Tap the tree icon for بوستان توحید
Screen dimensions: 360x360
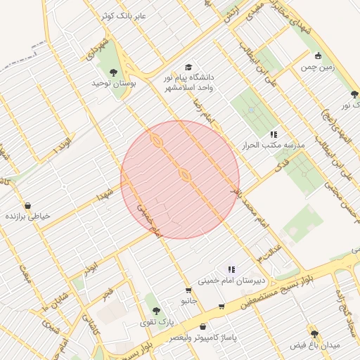coord(113,72)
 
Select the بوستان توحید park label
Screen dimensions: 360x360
coord(113,83)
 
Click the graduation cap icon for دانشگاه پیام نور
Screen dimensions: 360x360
coord(188,67)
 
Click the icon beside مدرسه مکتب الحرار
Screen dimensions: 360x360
coord(274,134)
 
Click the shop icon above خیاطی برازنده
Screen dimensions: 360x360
coord(27,206)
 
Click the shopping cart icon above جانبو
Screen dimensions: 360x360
coord(188,290)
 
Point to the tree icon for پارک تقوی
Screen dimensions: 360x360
coord(156,311)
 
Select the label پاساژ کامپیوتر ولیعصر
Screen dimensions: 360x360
coord(203,337)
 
